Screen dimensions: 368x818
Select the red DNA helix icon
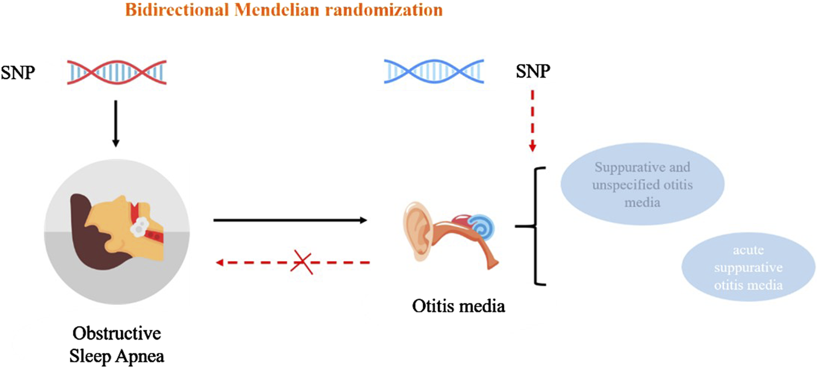[x=115, y=72]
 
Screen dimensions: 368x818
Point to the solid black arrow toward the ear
[x=290, y=220]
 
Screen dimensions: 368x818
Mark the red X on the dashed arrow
[x=301, y=263]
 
